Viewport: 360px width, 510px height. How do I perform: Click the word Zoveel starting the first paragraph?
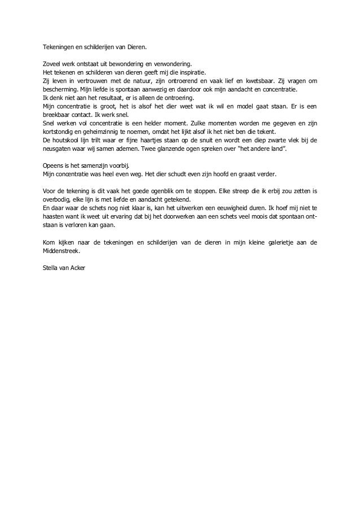(x=52, y=64)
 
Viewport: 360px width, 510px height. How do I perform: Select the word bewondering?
(x=125, y=64)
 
